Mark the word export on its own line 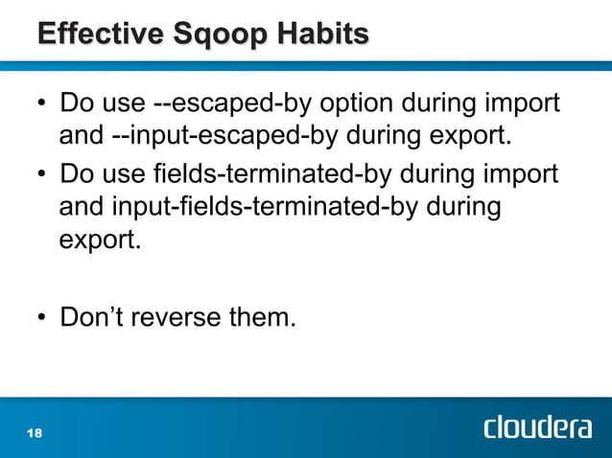click(98, 239)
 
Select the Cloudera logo click(536, 426)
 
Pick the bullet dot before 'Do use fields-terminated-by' click(42, 177)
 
